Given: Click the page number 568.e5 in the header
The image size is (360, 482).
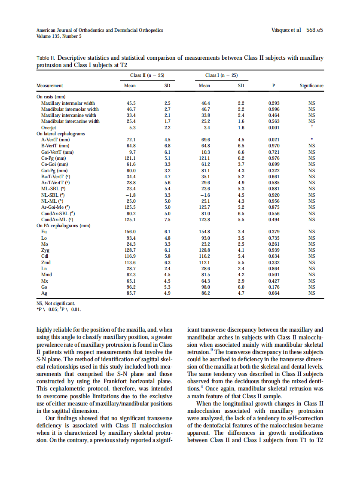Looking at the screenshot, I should point(314,30).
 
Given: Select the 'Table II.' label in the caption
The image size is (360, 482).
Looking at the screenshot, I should point(46,58).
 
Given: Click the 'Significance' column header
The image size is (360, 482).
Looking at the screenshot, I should point(311,85).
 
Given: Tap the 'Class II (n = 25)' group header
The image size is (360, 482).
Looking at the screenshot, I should point(147,75).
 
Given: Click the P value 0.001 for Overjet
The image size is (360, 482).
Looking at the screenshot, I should point(274,128).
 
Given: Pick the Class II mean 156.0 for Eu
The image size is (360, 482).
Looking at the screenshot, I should point(130,232).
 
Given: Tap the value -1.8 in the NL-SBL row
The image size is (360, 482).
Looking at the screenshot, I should point(130,195).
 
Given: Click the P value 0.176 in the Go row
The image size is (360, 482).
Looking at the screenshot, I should point(274,287).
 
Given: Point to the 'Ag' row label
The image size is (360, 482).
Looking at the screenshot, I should point(44,293).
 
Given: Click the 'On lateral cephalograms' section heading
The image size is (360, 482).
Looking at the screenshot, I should point(61,134).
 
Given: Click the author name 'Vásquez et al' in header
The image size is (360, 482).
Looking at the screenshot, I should point(286,30).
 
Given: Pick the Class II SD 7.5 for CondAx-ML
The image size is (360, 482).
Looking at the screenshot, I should point(168,220).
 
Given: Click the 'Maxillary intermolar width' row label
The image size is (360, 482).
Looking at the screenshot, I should point(68,103).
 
